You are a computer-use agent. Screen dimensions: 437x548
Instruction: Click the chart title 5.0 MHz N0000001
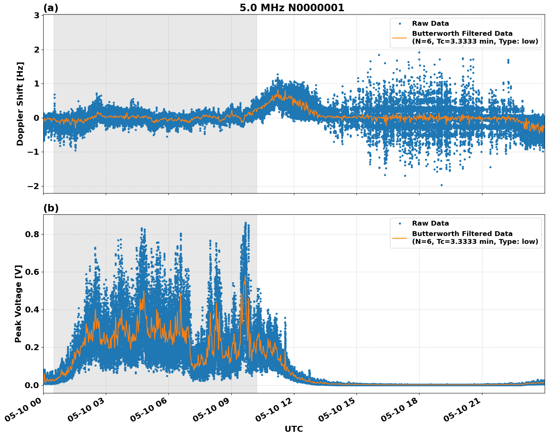pos(292,8)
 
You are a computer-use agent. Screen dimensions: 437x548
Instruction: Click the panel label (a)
pos(51,8)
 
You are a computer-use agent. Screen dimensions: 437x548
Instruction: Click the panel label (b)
pos(51,208)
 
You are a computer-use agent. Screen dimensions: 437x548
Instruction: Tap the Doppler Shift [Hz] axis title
pos(20,104)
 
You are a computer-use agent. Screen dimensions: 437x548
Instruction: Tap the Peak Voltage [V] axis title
pos(18,304)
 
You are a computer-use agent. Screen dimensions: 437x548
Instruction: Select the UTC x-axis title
pos(294,429)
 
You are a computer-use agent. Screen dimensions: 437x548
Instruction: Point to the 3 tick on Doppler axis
pos(37,15)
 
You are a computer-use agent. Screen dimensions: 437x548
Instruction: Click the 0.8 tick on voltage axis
pos(32,235)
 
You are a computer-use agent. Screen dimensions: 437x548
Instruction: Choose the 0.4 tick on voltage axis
pos(32,310)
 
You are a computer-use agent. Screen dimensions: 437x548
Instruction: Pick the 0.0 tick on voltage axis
pos(32,385)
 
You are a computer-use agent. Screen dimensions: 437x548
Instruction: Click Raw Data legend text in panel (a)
pos(430,23)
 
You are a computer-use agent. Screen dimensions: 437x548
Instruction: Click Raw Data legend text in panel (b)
pos(430,223)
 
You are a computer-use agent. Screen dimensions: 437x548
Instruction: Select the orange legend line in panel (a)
pos(399,38)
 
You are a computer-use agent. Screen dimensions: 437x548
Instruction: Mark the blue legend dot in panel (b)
pos(399,223)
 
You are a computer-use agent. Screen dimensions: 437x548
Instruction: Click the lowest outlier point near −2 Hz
pos(441,185)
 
